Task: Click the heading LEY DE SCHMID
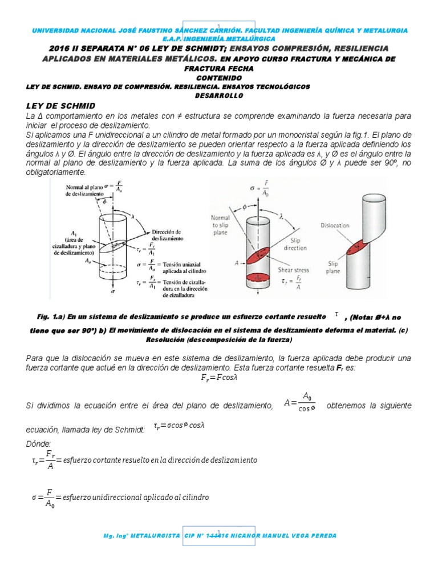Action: pos(60,106)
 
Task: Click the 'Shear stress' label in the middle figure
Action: pos(294,255)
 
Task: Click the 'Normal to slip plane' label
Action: pos(219,223)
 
